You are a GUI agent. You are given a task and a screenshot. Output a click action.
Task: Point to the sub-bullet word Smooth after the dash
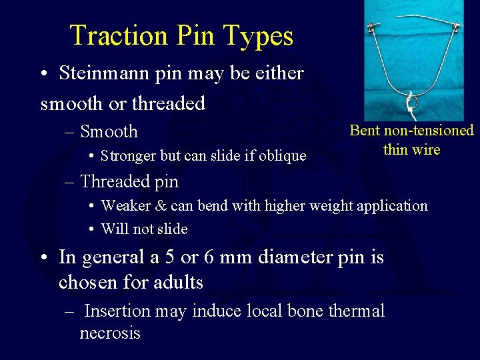(x=109, y=131)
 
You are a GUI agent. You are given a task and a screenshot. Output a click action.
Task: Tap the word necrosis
(x=110, y=333)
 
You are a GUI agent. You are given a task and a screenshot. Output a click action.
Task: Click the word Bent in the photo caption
(x=364, y=131)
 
